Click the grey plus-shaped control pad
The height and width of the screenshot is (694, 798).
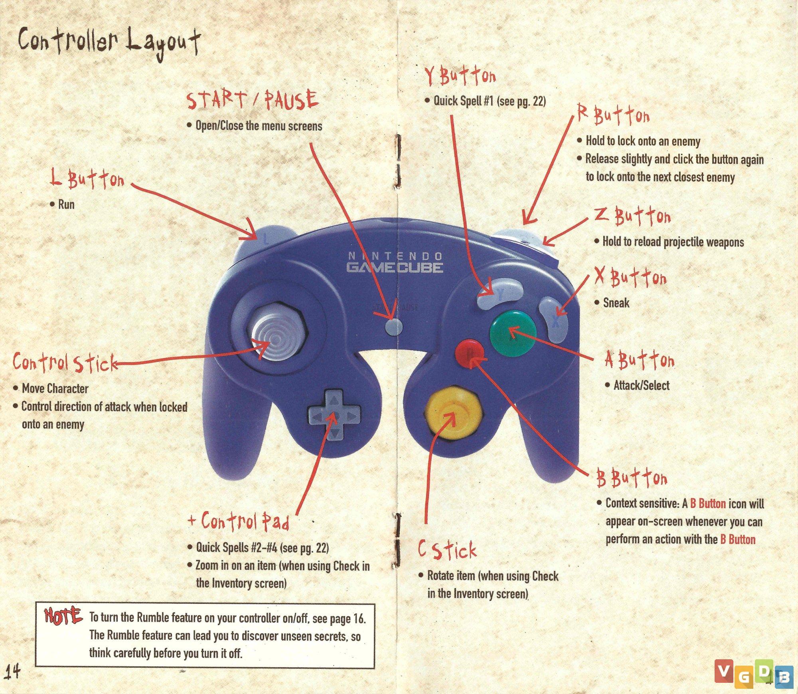pos(334,416)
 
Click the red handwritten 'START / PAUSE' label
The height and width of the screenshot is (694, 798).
pos(252,100)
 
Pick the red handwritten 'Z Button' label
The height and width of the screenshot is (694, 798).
pos(632,216)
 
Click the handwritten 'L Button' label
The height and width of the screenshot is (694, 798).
pos(87,179)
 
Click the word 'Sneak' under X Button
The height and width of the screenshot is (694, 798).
pos(616,303)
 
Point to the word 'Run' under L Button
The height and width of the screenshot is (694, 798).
pos(66,204)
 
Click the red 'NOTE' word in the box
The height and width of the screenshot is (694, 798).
pos(63,617)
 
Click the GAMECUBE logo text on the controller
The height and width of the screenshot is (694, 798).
pos(395,267)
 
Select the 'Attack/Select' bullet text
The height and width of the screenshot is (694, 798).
pos(642,385)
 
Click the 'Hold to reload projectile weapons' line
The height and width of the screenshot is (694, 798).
pos(673,242)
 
